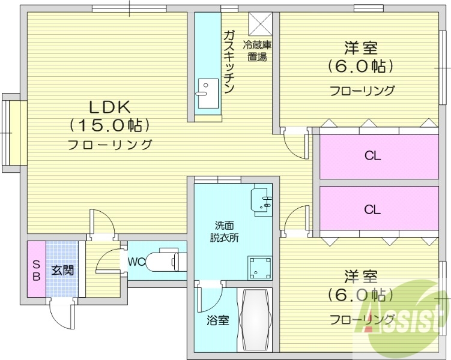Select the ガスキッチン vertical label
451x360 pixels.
(228, 62)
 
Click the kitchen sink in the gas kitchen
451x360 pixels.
(207, 89)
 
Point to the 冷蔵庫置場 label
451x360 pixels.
(257, 50)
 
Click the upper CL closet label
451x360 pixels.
(373, 156)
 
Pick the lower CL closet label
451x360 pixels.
(373, 209)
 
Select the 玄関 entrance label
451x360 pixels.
(62, 271)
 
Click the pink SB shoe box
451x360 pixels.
(36, 271)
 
